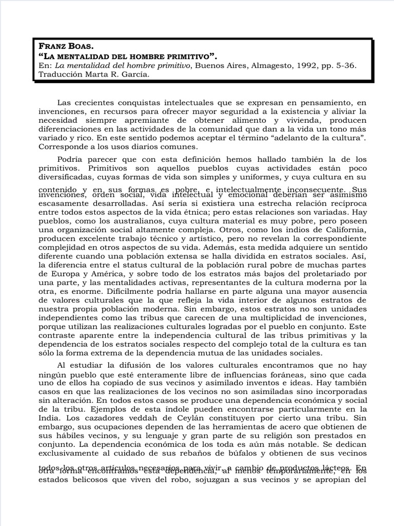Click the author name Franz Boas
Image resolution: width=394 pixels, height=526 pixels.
click(66, 46)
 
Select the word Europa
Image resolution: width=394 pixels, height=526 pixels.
click(53, 274)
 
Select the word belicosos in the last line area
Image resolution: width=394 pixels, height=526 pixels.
click(86, 480)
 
